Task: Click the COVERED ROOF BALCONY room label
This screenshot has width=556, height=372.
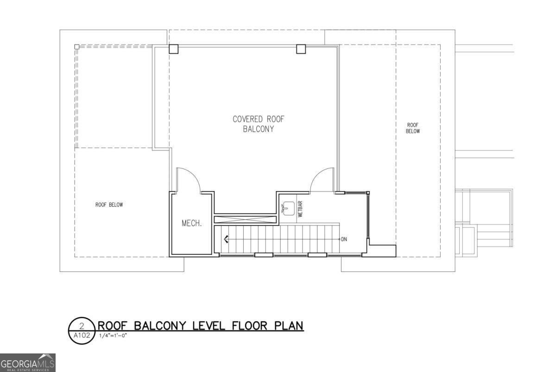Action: pos(258,124)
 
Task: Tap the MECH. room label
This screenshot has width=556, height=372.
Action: pos(191,223)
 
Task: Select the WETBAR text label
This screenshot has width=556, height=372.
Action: pos(300,209)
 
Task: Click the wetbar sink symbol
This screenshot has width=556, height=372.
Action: pos(288,208)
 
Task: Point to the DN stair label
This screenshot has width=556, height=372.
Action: pos(344,240)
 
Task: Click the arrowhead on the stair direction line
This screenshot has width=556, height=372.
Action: pos(227,240)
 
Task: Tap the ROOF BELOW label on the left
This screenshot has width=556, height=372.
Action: pos(109,205)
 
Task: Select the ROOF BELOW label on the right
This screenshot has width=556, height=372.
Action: pos(413,128)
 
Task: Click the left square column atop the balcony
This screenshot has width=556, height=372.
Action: pos(173,49)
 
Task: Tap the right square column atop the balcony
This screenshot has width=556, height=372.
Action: pos(301,49)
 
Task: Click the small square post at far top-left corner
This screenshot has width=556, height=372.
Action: pos(77,46)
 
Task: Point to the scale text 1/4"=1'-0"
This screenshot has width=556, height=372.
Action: pos(113,335)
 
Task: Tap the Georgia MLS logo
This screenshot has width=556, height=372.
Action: pos(28,362)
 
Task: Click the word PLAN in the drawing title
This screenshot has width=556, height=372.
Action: pos(286,326)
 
